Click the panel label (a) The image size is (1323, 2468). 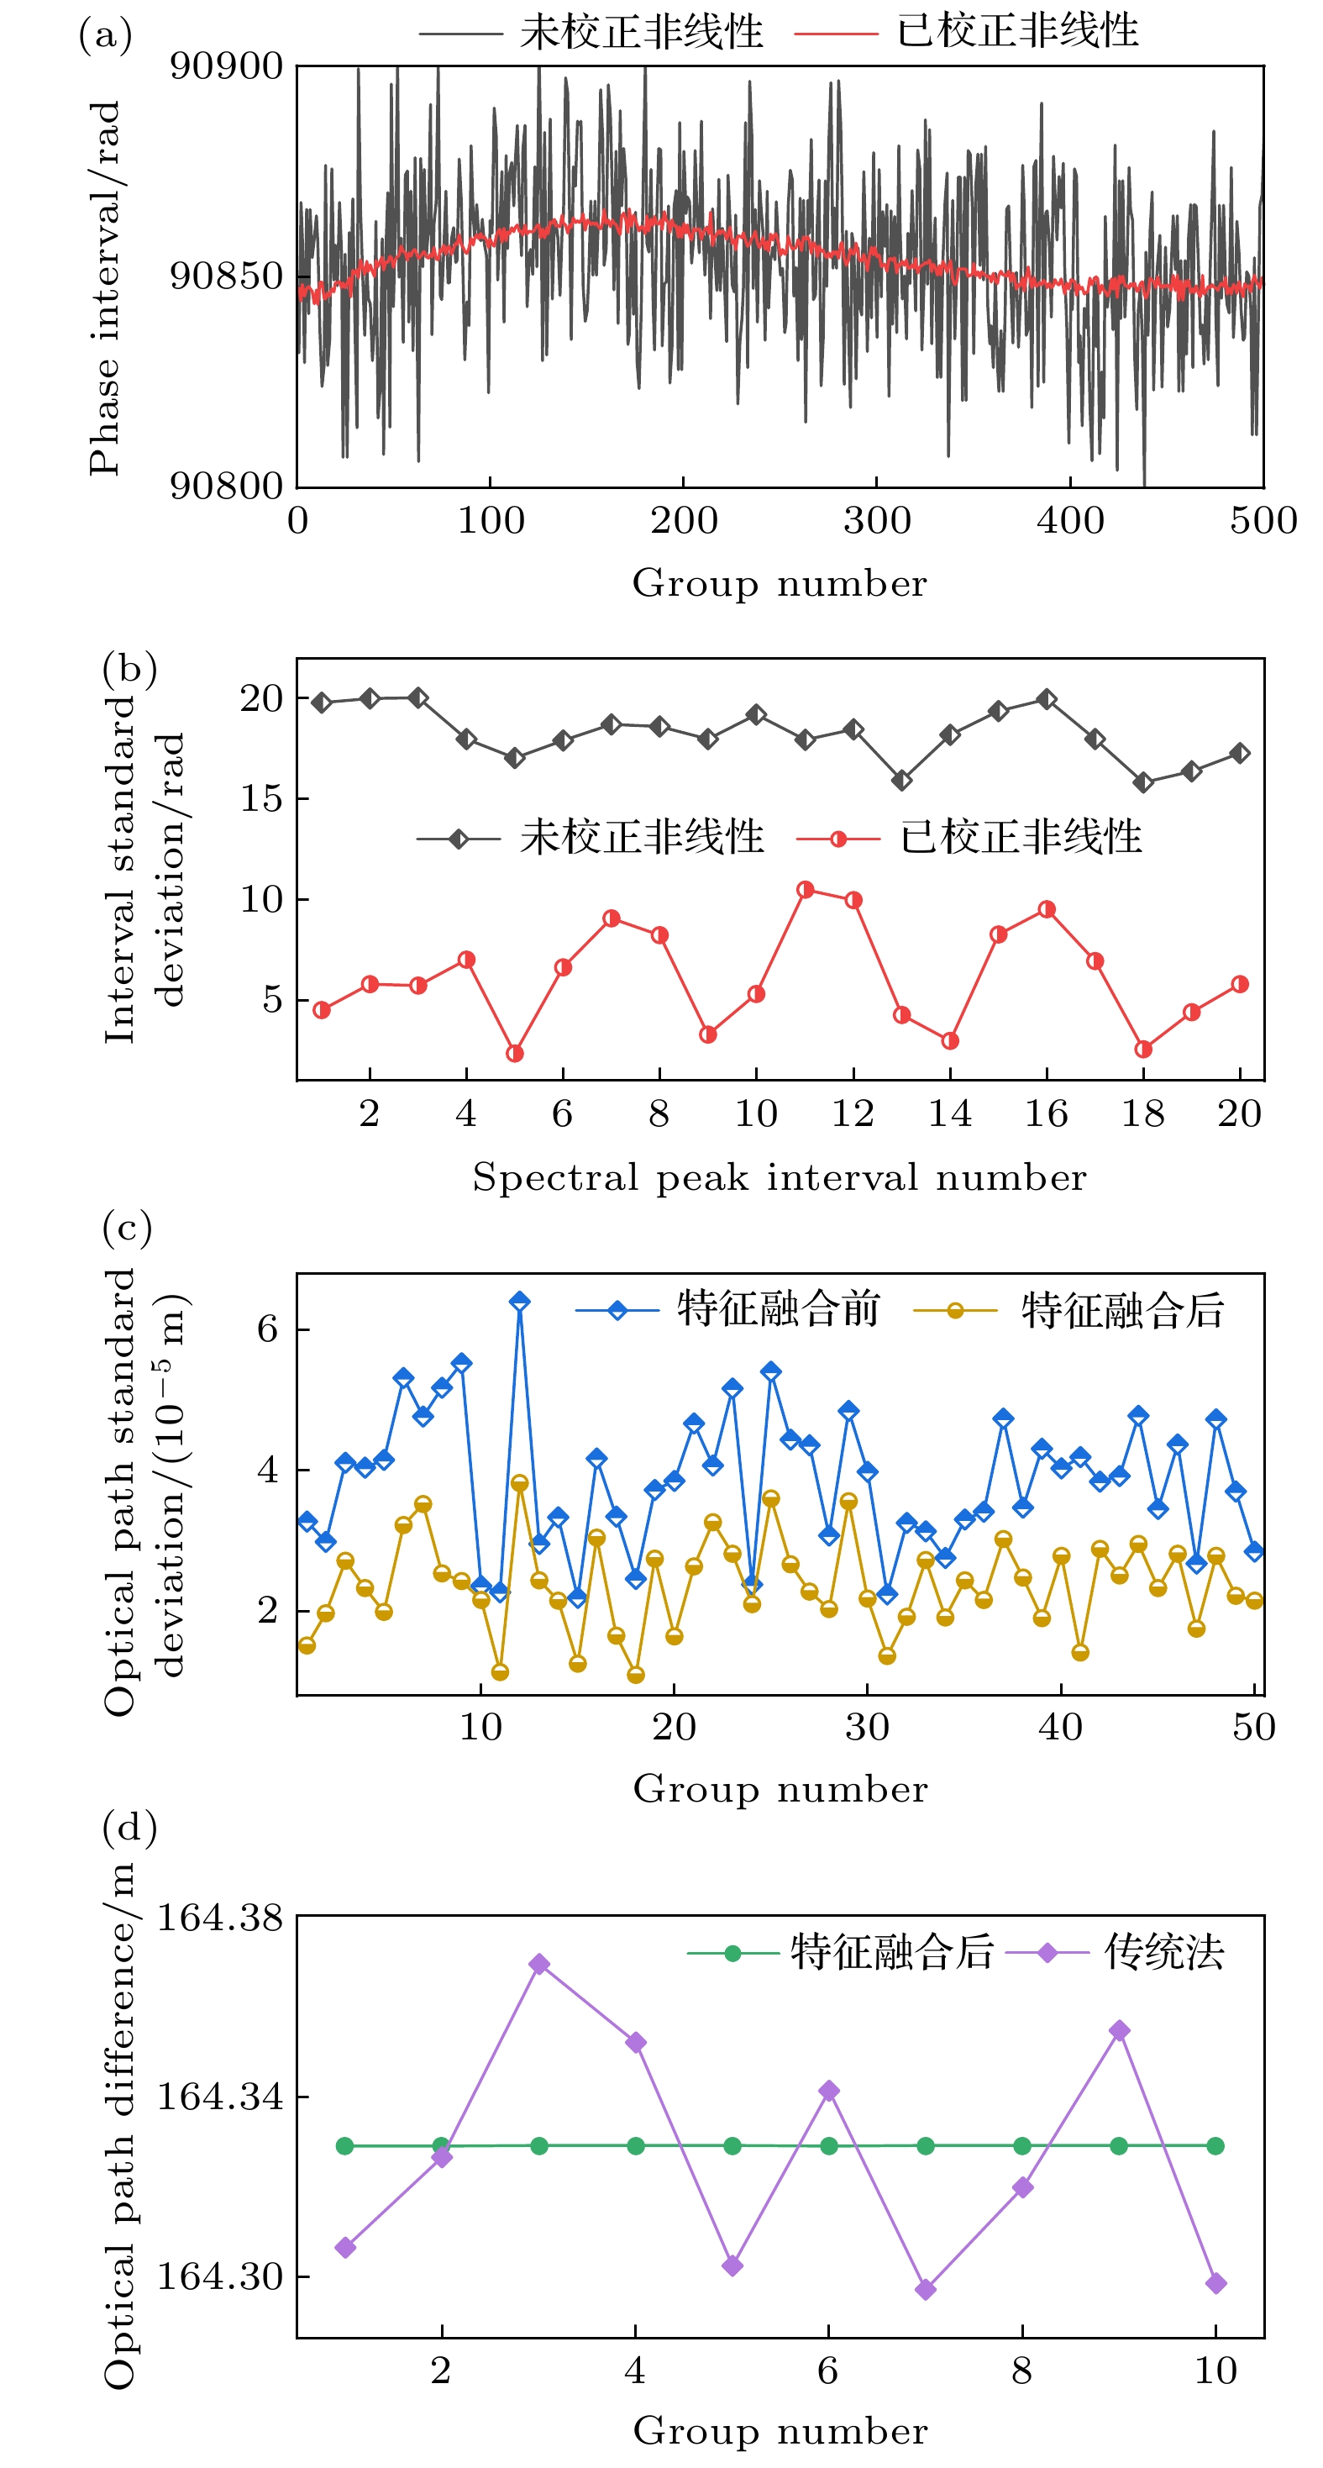[105, 36]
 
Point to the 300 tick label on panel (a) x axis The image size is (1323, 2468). [877, 521]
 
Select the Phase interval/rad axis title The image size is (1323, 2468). [105, 287]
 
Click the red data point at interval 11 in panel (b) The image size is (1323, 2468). [805, 890]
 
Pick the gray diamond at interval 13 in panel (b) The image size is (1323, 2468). [901, 781]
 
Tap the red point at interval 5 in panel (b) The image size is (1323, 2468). [514, 1054]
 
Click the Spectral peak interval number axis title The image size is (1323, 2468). [780, 1177]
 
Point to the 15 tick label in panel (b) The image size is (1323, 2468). [260, 799]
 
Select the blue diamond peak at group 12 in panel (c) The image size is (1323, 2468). [519, 1301]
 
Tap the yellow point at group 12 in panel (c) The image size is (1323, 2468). [519, 1483]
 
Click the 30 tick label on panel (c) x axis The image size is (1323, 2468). [867, 1728]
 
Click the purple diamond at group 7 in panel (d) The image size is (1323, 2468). [926, 2290]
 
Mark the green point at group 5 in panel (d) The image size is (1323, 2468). [732, 2146]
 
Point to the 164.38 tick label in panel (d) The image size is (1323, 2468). [220, 1918]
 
